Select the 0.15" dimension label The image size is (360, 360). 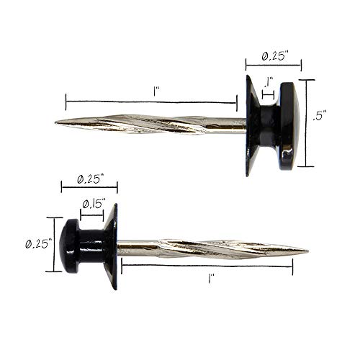click(x=94, y=204)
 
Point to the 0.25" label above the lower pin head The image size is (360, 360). click(x=90, y=179)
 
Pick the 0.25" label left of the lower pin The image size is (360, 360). click(x=39, y=244)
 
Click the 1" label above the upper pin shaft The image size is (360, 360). click(x=156, y=91)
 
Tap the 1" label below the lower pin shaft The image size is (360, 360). click(x=211, y=279)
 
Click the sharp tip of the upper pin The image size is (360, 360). click(x=55, y=122)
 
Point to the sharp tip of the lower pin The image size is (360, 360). click(x=307, y=251)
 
